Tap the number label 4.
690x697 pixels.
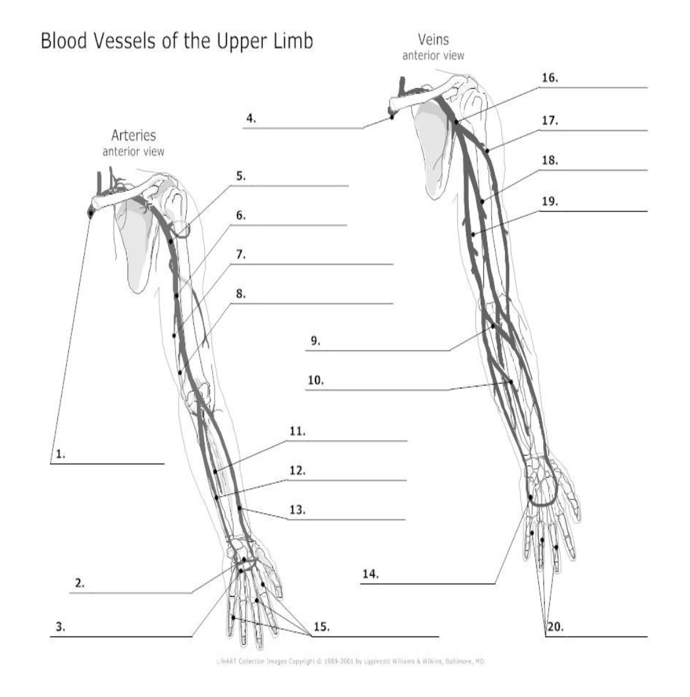251,118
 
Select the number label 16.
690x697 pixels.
550,79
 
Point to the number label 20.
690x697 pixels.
555,628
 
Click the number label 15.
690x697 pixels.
321,627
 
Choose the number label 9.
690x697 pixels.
315,341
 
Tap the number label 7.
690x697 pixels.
240,255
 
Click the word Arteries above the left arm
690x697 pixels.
134,135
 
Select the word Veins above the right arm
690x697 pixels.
433,40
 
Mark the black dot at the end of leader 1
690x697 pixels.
91,212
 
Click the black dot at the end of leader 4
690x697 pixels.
392,117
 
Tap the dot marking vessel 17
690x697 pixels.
486,150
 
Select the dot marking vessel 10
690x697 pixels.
511,382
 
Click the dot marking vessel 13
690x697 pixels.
240,509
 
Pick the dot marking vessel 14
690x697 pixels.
530,498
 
